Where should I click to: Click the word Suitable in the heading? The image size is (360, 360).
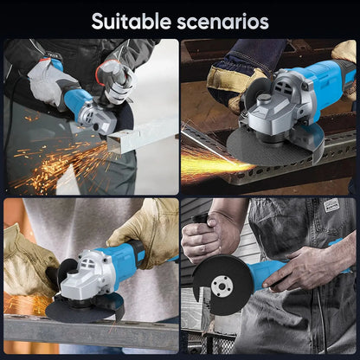132,21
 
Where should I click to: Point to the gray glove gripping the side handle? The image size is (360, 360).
115,80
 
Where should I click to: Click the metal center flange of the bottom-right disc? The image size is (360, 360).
222,286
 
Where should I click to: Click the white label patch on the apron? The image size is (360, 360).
331,205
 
